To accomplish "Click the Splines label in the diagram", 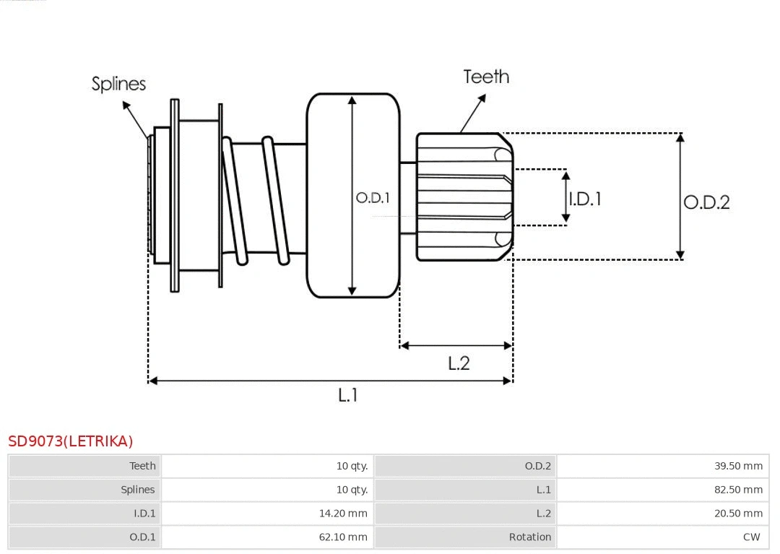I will [x=118, y=84].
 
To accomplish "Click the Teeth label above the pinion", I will [x=486, y=77].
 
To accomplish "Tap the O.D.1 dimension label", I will [x=373, y=197].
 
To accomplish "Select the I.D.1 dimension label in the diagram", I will [x=585, y=199].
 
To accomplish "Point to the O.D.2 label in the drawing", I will [x=706, y=202].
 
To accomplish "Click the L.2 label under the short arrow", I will [x=459, y=363].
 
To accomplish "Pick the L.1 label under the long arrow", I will [x=348, y=395].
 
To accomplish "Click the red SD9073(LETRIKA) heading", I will [x=71, y=441].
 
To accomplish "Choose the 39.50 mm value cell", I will [x=738, y=466].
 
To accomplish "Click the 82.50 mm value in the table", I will [x=738, y=490].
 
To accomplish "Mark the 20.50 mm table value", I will [x=738, y=513].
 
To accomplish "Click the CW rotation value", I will [x=751, y=537].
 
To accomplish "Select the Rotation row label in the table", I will [x=529, y=537].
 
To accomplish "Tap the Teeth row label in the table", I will [x=142, y=466].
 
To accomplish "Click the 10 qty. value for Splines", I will [x=352, y=490].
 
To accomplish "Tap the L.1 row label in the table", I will [x=543, y=490].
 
